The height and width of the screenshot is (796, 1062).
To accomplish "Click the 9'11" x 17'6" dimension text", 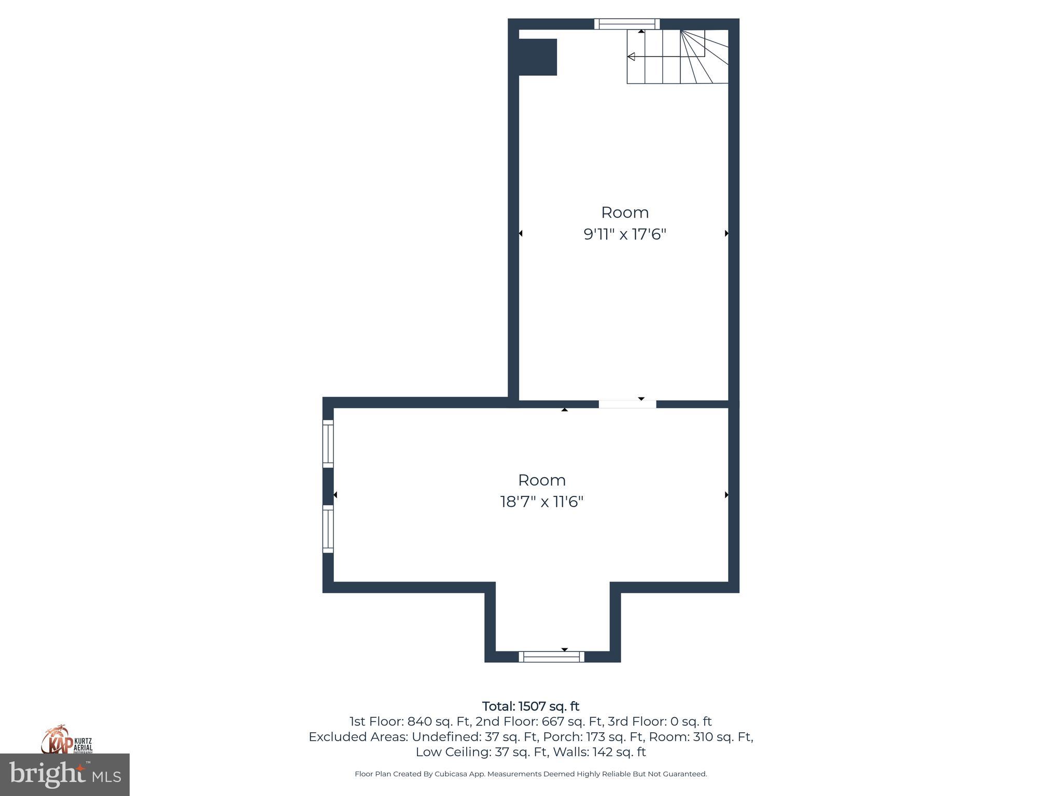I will coord(624,235).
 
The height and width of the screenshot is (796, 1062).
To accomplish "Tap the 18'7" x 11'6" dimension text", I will coord(541,502).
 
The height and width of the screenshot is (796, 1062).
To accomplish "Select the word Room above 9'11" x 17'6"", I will coord(624,212).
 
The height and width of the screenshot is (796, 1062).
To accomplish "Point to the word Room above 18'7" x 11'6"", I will coord(541,480).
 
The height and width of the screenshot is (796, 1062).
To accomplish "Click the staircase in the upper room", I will coord(677,56).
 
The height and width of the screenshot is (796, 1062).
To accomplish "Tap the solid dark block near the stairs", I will coord(538,57).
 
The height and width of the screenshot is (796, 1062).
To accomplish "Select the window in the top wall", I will coord(626,24).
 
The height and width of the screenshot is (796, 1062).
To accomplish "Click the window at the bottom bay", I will coord(551,657).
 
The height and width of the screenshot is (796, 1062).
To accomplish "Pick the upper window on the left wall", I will coord(328,444).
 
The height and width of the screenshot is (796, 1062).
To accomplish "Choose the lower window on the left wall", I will coord(328,529).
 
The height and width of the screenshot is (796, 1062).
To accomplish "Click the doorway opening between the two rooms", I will coord(627,404).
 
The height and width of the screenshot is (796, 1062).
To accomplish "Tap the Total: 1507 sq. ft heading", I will coord(530,706).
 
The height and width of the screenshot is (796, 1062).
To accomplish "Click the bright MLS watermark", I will coord(65,774).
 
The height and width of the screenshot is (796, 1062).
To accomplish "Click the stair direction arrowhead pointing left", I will coord(631,56).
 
